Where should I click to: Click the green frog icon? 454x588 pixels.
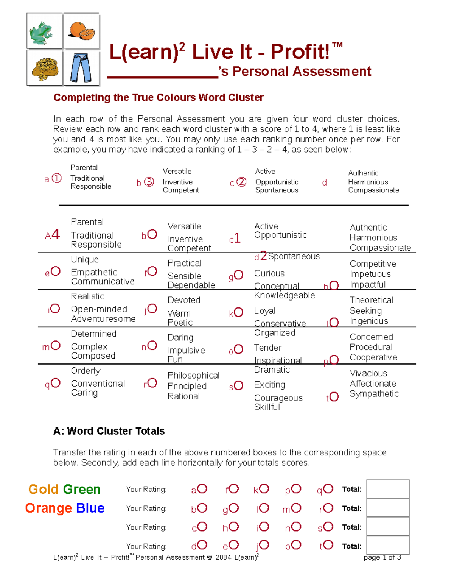[x=44, y=31]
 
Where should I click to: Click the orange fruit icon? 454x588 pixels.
[x=81, y=31]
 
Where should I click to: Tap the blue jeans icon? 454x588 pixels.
[x=81, y=68]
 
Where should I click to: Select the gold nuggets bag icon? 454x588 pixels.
[x=44, y=68]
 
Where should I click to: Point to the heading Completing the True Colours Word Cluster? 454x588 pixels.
[x=158, y=98]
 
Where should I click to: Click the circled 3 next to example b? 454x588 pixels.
[x=149, y=182]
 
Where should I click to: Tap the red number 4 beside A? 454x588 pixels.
[x=56, y=235]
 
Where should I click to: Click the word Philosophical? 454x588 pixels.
[x=193, y=376]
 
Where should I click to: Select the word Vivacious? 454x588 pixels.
[x=368, y=373]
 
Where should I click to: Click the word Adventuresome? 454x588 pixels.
[x=103, y=319]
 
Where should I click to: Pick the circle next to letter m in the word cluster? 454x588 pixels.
[x=56, y=345]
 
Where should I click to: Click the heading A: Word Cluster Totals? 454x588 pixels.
[x=109, y=431]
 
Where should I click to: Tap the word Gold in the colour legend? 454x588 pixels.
[x=44, y=489]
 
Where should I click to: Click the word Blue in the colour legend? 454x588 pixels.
[x=90, y=508]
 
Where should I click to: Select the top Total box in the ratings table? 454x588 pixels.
[x=388, y=489]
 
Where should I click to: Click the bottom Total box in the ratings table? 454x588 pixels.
[x=388, y=545]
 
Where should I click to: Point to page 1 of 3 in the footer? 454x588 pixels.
[x=382, y=557]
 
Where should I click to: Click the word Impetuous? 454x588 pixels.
[x=370, y=274]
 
